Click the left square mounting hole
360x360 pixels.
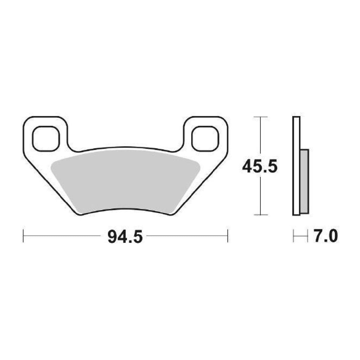pos(46,138)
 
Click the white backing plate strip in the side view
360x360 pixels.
pos(296,166)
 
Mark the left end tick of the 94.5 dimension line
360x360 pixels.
pos(23,236)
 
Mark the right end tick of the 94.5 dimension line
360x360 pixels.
pos(227,236)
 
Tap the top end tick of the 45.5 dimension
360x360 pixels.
pos(260,117)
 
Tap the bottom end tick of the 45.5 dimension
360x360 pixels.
pos(260,215)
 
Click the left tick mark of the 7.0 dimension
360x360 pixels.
pos(293,236)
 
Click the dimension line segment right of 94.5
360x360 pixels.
pos(187,236)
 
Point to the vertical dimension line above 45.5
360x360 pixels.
pos(260,136)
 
